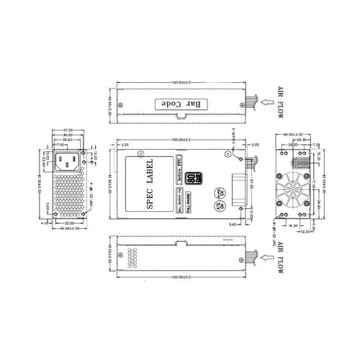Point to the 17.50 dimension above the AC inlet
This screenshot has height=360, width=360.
coord(62,143)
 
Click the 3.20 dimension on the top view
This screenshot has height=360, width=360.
coord(125,145)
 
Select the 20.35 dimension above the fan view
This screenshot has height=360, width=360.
coord(301,140)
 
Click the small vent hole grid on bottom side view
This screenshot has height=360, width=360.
coord(132,256)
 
